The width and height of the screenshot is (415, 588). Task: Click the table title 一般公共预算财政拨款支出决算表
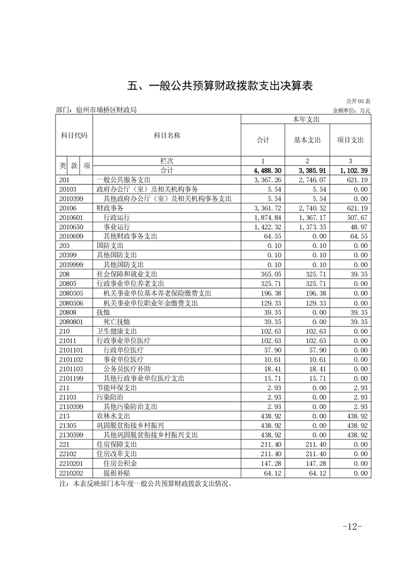(x=220, y=86)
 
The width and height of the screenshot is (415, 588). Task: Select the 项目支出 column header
(x=350, y=140)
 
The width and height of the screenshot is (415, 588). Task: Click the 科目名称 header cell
(x=167, y=135)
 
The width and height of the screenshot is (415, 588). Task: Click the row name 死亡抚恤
(x=117, y=322)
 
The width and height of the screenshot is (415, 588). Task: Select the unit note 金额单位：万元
(x=351, y=111)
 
